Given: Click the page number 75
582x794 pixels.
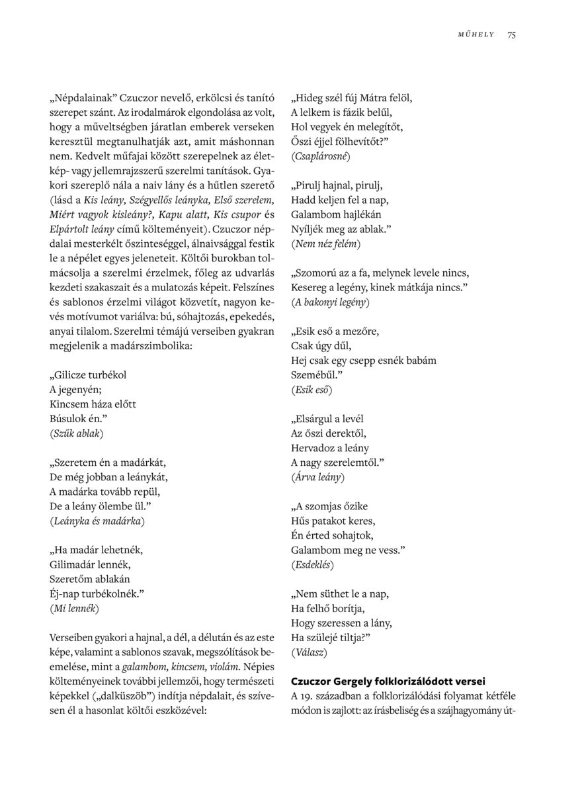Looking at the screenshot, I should click(x=512, y=35).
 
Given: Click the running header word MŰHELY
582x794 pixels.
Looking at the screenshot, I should click(x=476, y=35).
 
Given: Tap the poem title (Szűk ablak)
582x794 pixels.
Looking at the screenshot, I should click(x=76, y=433).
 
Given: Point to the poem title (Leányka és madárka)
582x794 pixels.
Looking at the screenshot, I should click(x=97, y=521).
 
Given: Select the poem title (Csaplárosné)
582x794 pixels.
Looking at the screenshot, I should click(x=320, y=157).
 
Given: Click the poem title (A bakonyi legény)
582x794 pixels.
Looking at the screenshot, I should click(x=330, y=302).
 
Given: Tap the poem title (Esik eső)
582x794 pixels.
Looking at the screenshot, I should click(x=312, y=390).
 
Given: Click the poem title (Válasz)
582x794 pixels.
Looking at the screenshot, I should click(x=309, y=652).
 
